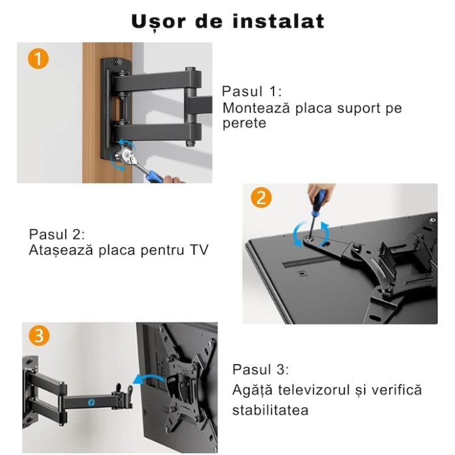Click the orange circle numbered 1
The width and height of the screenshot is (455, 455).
point(38,59)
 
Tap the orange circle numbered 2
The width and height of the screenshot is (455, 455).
point(261,198)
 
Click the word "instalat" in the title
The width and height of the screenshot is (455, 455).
point(278,21)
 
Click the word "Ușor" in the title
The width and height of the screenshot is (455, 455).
point(156,21)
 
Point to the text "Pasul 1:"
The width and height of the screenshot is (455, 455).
point(252,91)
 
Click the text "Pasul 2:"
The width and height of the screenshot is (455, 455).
point(57,234)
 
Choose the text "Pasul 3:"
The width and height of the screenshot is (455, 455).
point(261,370)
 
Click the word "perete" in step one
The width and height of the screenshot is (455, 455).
point(244,123)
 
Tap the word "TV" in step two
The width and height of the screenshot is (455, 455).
point(198,250)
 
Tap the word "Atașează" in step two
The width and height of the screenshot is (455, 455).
point(60,250)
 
